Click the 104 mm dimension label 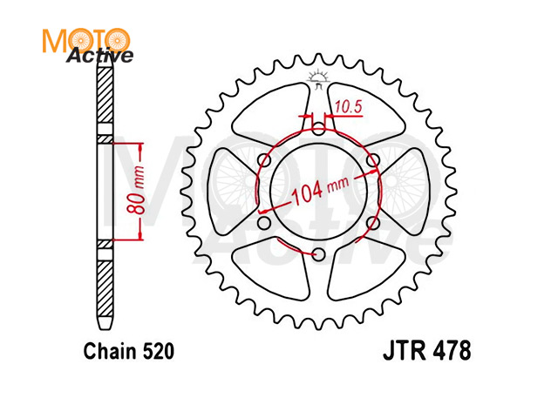pos(320,189)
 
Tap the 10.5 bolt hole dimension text pos(348,107)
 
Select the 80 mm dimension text pos(136,191)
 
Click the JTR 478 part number pos(426,351)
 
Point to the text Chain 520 pos(129,351)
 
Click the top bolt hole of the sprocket pos(319,130)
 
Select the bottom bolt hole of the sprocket pos(319,253)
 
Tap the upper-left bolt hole pos(264,160)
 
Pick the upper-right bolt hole pos(372,160)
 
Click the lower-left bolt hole pos(264,223)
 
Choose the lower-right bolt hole pos(372,223)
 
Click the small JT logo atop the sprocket pos(317,79)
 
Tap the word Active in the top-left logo pos(99,56)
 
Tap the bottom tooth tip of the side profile pos(105,328)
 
